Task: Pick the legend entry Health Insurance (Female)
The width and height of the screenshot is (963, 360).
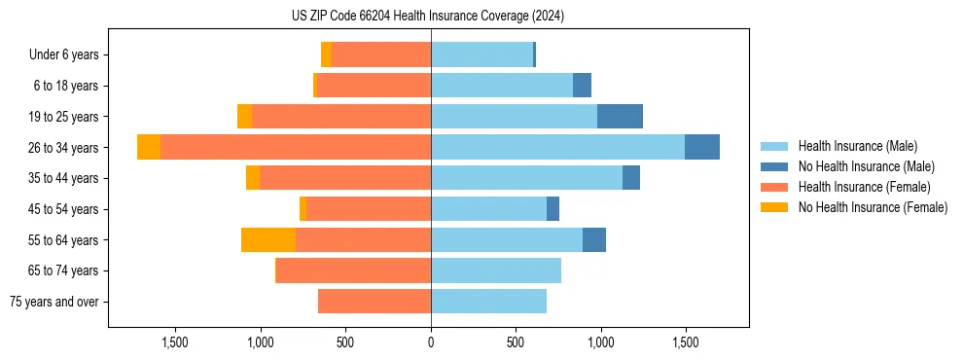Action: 857,187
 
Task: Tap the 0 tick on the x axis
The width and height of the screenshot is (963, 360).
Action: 431,342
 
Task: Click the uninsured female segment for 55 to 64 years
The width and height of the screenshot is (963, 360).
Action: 268,239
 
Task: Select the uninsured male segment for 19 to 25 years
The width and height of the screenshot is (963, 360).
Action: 620,117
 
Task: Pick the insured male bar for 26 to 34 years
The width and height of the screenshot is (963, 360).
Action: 557,147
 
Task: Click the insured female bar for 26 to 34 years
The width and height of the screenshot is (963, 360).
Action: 296,147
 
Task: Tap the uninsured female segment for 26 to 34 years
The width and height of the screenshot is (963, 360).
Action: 149,147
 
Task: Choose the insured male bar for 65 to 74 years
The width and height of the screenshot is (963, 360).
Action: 496,270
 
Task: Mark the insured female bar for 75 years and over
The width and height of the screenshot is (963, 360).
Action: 374,302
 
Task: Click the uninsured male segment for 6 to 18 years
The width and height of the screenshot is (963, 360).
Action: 582,86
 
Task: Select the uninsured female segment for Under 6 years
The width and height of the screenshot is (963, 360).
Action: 327,54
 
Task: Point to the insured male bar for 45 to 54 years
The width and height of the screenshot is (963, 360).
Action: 488,208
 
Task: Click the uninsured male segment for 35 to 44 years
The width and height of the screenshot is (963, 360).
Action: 631,178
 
